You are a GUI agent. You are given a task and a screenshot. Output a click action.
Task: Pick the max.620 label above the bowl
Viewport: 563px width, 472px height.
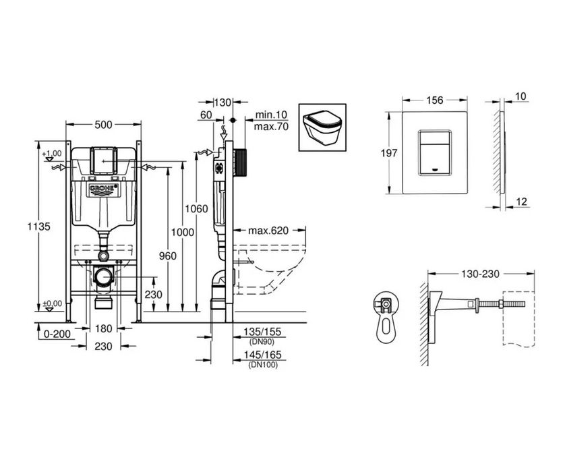[x=268, y=231]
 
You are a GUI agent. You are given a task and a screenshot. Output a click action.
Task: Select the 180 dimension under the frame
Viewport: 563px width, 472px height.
[x=104, y=328]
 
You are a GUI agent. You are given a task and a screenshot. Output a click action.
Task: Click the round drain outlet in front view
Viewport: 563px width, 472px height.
[x=102, y=277]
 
